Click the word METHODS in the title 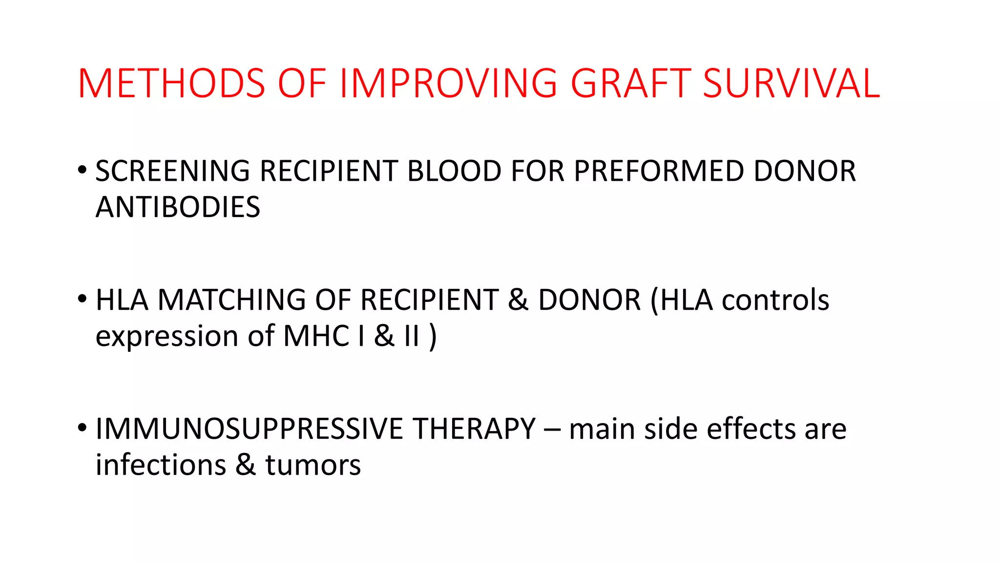pos(171,84)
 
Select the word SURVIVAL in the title pos(791,84)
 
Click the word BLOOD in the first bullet pos(454,171)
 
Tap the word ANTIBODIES pos(178,207)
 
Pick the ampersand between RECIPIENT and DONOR pos(518,300)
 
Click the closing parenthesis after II pos(433,336)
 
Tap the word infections pos(161,465)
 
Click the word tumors pos(313,466)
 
